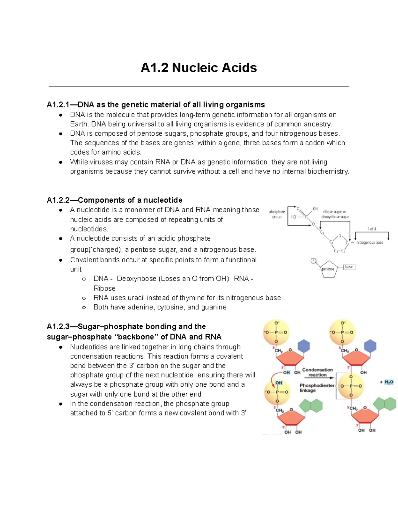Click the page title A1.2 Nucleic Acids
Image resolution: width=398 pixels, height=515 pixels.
point(199,68)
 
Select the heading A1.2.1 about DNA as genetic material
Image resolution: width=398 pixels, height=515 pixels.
point(156,105)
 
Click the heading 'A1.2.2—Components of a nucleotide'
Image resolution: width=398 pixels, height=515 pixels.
point(114,200)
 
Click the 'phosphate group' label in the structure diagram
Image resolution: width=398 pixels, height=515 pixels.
point(277,214)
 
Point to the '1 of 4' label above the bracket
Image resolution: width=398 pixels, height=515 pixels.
point(371,229)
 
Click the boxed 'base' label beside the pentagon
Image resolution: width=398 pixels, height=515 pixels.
point(349,267)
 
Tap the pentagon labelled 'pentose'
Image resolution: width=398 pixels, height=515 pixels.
point(328,269)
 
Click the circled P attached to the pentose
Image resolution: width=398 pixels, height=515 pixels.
point(313,261)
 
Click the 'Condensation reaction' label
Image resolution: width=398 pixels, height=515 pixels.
point(317,372)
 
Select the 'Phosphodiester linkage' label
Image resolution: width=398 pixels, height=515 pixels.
point(317,388)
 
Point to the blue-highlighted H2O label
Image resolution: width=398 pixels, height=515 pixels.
point(389,382)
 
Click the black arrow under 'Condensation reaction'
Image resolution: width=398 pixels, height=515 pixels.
point(318,378)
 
